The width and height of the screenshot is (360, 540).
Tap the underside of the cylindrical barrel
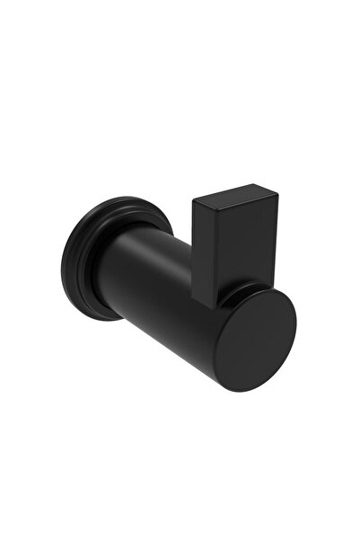(180, 346)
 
